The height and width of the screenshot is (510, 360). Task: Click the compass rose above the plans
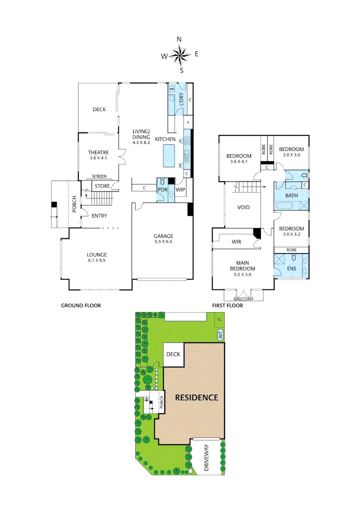click(x=180, y=55)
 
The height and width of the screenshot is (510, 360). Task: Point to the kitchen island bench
click(x=169, y=156)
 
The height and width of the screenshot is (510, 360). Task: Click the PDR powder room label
click(x=161, y=190)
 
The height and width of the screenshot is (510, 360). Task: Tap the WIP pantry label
click(x=180, y=190)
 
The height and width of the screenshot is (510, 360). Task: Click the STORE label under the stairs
click(x=102, y=187)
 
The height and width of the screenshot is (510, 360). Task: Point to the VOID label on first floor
click(x=243, y=207)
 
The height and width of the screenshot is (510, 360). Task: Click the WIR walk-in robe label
click(x=236, y=242)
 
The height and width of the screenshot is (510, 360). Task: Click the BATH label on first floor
click(x=292, y=195)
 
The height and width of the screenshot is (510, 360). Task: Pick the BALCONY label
click(x=243, y=299)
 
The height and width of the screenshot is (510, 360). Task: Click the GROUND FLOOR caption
click(x=81, y=306)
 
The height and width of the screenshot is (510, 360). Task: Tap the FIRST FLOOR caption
click(x=227, y=306)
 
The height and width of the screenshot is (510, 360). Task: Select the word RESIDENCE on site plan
click(x=197, y=398)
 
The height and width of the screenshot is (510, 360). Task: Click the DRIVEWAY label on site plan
click(x=207, y=460)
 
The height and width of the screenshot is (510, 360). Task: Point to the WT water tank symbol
click(x=220, y=336)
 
